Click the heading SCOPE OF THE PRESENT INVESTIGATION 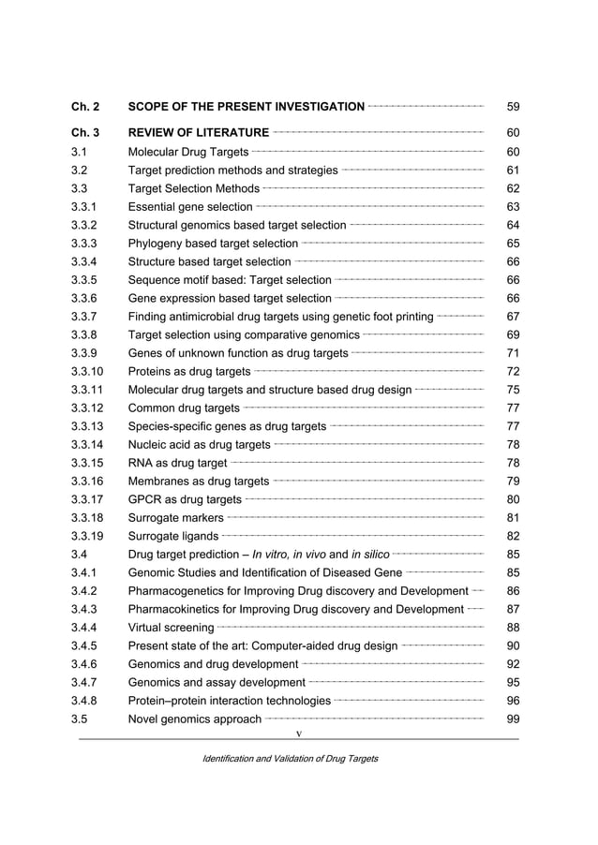coord(246,107)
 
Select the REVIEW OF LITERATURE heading coord(198,133)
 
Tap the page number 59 coord(513,107)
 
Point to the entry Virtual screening coord(170,628)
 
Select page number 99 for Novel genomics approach coord(513,719)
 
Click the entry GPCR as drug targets coord(184,499)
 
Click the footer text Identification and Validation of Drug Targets coord(291,758)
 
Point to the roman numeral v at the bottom coord(299,733)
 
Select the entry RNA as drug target coord(177,463)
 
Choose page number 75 coord(513,390)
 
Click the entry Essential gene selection coord(189,207)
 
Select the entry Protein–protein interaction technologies coord(229,701)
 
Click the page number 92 coord(513,664)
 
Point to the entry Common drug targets coord(183,408)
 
